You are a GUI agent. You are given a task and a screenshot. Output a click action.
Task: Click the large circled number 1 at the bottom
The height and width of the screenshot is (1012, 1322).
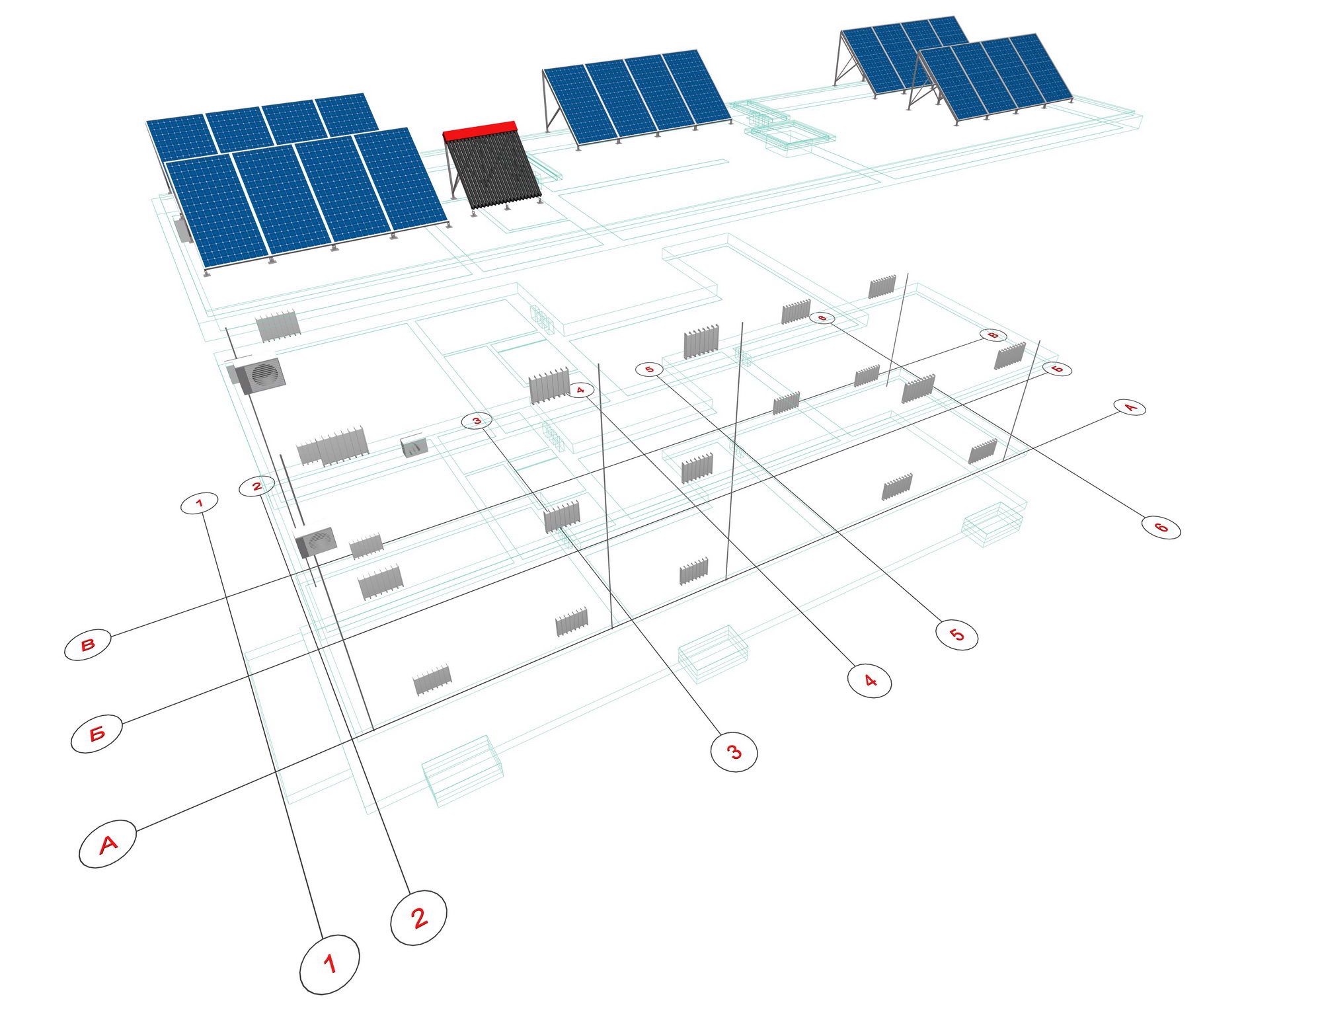tap(329, 964)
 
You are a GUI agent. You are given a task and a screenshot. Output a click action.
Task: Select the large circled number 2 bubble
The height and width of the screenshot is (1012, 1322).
tap(418, 917)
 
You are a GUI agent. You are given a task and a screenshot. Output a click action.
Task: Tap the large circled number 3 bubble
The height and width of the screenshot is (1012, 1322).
tap(734, 752)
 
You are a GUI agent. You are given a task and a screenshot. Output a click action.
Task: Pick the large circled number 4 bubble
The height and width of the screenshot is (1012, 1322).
tap(870, 680)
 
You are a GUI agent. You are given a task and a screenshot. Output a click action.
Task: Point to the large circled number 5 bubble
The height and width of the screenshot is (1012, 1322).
tap(956, 635)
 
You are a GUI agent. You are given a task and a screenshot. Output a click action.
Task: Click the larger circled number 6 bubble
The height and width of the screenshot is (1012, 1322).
tap(1161, 527)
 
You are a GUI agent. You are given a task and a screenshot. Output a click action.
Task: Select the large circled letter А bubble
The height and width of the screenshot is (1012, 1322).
tap(108, 843)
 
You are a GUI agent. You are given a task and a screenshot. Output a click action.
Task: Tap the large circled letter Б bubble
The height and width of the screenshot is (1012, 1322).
tap(97, 733)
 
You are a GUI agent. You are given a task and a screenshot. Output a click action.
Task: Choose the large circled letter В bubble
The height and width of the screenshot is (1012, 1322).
tap(88, 644)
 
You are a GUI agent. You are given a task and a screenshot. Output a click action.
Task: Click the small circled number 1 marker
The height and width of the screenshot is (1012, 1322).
tap(200, 504)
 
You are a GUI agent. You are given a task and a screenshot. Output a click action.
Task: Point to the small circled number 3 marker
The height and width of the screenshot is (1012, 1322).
tap(477, 420)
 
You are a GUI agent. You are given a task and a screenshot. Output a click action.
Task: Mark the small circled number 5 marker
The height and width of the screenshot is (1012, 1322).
tap(649, 370)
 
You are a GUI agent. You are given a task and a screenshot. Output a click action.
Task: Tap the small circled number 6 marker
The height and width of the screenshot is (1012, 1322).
tap(822, 318)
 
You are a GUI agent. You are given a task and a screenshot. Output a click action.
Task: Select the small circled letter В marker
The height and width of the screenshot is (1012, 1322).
tap(993, 335)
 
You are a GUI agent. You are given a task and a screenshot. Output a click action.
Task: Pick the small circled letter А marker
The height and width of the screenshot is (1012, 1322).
tap(1130, 407)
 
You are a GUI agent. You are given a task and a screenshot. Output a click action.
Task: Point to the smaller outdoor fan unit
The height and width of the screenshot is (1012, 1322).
tap(317, 542)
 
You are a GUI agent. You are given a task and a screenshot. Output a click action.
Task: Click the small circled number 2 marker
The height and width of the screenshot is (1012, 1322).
tap(256, 486)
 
